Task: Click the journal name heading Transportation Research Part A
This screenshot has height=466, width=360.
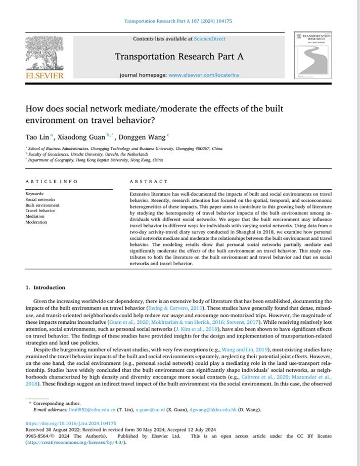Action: [179, 56]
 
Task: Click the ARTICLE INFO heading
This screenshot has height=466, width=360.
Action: [52, 181]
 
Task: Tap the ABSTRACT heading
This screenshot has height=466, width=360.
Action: [149, 181]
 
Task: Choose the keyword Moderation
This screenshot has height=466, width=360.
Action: [36, 222]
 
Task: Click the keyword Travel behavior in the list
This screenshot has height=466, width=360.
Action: [40, 211]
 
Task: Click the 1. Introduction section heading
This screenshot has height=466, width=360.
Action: [46, 287]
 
